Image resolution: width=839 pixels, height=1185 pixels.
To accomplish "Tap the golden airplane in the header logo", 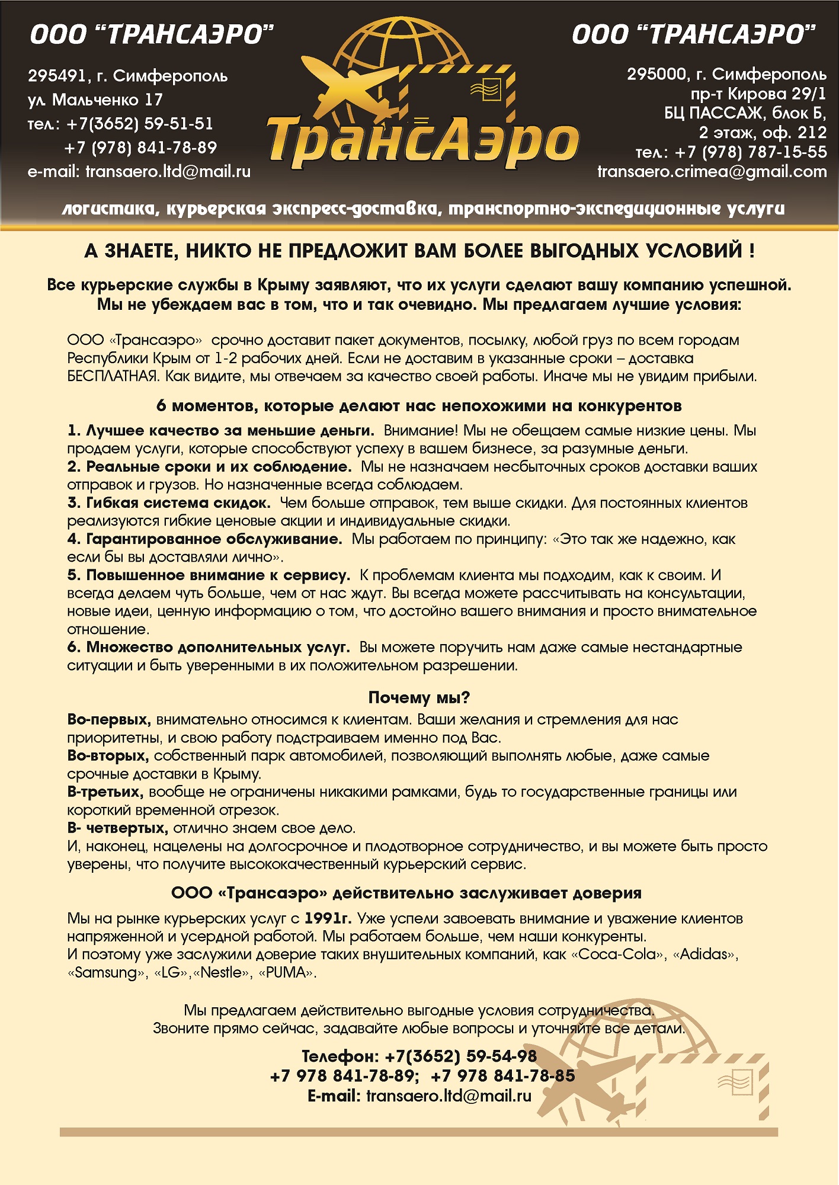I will [x=350, y=83].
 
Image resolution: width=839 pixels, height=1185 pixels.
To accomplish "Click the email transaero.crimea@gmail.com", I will [x=712, y=172].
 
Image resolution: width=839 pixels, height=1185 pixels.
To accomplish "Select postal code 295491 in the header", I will [x=57, y=76].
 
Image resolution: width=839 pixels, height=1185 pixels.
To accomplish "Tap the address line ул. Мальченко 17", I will [x=95, y=100].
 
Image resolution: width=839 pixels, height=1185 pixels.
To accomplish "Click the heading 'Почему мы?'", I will [x=419, y=697].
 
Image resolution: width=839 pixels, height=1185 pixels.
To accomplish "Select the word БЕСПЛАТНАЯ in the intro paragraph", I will [x=112, y=376].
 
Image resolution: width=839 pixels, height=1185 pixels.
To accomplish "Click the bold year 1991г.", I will [x=328, y=918].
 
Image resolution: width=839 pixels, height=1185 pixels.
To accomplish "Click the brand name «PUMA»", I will [x=287, y=973].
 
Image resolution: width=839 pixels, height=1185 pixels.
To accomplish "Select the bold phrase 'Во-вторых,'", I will [x=107, y=756].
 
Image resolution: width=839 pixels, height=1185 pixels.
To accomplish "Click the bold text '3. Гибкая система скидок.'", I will [x=169, y=503].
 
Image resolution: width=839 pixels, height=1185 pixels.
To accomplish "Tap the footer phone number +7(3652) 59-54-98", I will [x=460, y=1056].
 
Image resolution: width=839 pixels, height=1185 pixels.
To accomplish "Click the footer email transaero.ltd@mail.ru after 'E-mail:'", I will [x=449, y=1096].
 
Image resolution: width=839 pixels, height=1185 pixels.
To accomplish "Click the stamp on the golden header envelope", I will [x=486, y=89].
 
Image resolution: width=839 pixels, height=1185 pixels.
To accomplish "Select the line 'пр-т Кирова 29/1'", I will [x=758, y=94].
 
